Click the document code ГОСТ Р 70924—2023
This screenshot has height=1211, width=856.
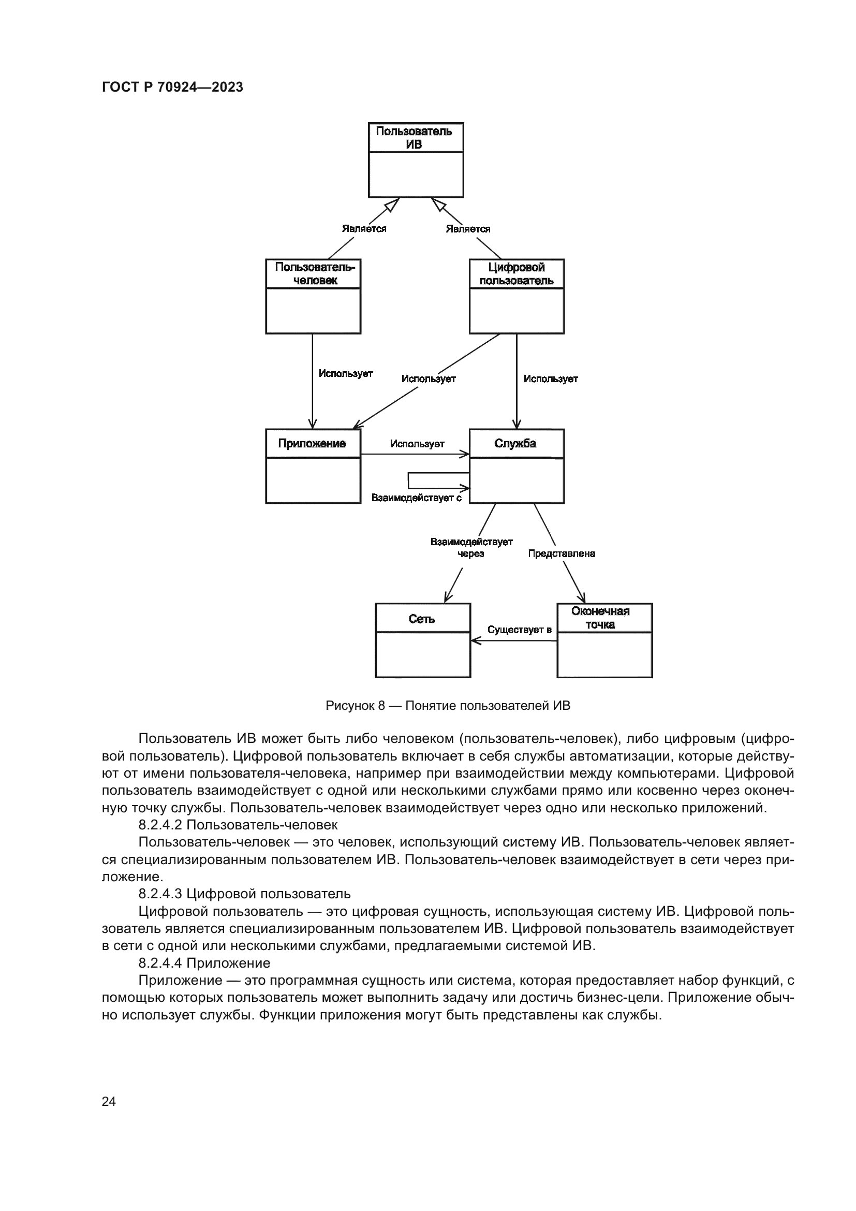pyautogui.click(x=172, y=87)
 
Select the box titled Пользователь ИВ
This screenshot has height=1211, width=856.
pyautogui.click(x=416, y=160)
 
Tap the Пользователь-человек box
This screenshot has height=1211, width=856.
pyautogui.click(x=313, y=296)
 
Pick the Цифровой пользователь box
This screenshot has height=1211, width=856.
pyautogui.click(x=516, y=296)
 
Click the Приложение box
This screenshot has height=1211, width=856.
pyautogui.click(x=313, y=466)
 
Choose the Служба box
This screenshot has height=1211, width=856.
pyautogui.click(x=516, y=466)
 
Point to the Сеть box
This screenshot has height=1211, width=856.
pyautogui.click(x=423, y=640)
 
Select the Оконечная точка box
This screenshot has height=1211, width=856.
pyautogui.click(x=604, y=640)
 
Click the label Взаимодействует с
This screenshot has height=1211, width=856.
pyautogui.click(x=417, y=498)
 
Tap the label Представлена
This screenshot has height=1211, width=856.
pyautogui.click(x=562, y=553)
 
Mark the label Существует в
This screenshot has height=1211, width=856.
pyautogui.click(x=519, y=629)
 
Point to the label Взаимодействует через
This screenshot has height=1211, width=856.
pyautogui.click(x=471, y=547)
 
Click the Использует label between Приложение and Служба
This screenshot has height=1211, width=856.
pyautogui.click(x=417, y=444)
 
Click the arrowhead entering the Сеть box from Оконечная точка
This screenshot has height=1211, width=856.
pyautogui.click(x=475, y=640)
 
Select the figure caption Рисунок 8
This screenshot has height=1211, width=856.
pyautogui.click(x=448, y=705)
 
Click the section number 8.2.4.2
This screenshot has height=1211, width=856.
pyautogui.click(x=160, y=824)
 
